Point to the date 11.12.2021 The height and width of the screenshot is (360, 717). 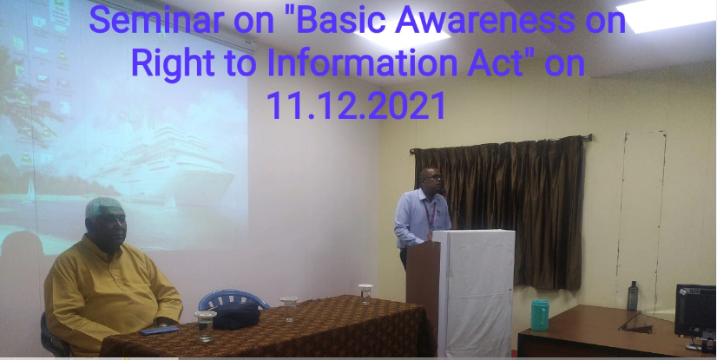(x=356, y=106)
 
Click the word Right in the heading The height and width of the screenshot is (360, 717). (x=174, y=65)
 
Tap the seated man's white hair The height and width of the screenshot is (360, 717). (x=104, y=206)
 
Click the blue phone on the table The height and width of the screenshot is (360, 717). (x=159, y=330)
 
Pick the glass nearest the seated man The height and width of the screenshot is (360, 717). (x=206, y=326)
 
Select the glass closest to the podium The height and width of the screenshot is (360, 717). (x=365, y=294)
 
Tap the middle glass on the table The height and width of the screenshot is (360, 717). (x=288, y=309)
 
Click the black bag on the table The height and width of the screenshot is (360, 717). (x=236, y=316)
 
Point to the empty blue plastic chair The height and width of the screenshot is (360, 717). (x=234, y=298)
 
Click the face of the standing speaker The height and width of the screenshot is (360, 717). (x=432, y=180)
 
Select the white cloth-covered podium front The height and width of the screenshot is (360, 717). (x=476, y=293)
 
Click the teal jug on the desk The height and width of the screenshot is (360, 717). (x=540, y=315)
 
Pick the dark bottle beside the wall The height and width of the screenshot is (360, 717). (x=633, y=296)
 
